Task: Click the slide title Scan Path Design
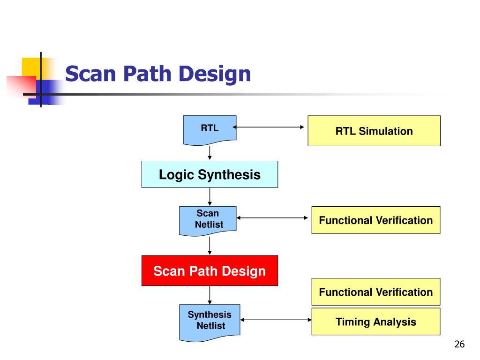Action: (158, 74)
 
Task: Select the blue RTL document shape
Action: (210, 129)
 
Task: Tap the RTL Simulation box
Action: (374, 131)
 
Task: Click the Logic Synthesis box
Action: (210, 175)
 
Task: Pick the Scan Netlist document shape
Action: (209, 219)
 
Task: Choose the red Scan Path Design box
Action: (210, 271)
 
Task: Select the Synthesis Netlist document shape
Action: (210, 321)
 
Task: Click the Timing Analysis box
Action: (375, 322)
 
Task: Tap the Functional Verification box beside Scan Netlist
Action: (375, 220)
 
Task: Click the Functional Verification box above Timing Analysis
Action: (375, 292)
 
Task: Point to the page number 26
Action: (459, 345)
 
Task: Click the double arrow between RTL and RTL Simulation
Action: (270, 127)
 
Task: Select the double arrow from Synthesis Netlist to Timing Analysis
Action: (276, 320)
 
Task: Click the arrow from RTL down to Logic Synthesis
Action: (210, 152)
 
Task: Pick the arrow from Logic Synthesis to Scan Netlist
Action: (210, 197)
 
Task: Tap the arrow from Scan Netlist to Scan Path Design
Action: (210, 245)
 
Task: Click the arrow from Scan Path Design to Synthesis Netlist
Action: (210, 295)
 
